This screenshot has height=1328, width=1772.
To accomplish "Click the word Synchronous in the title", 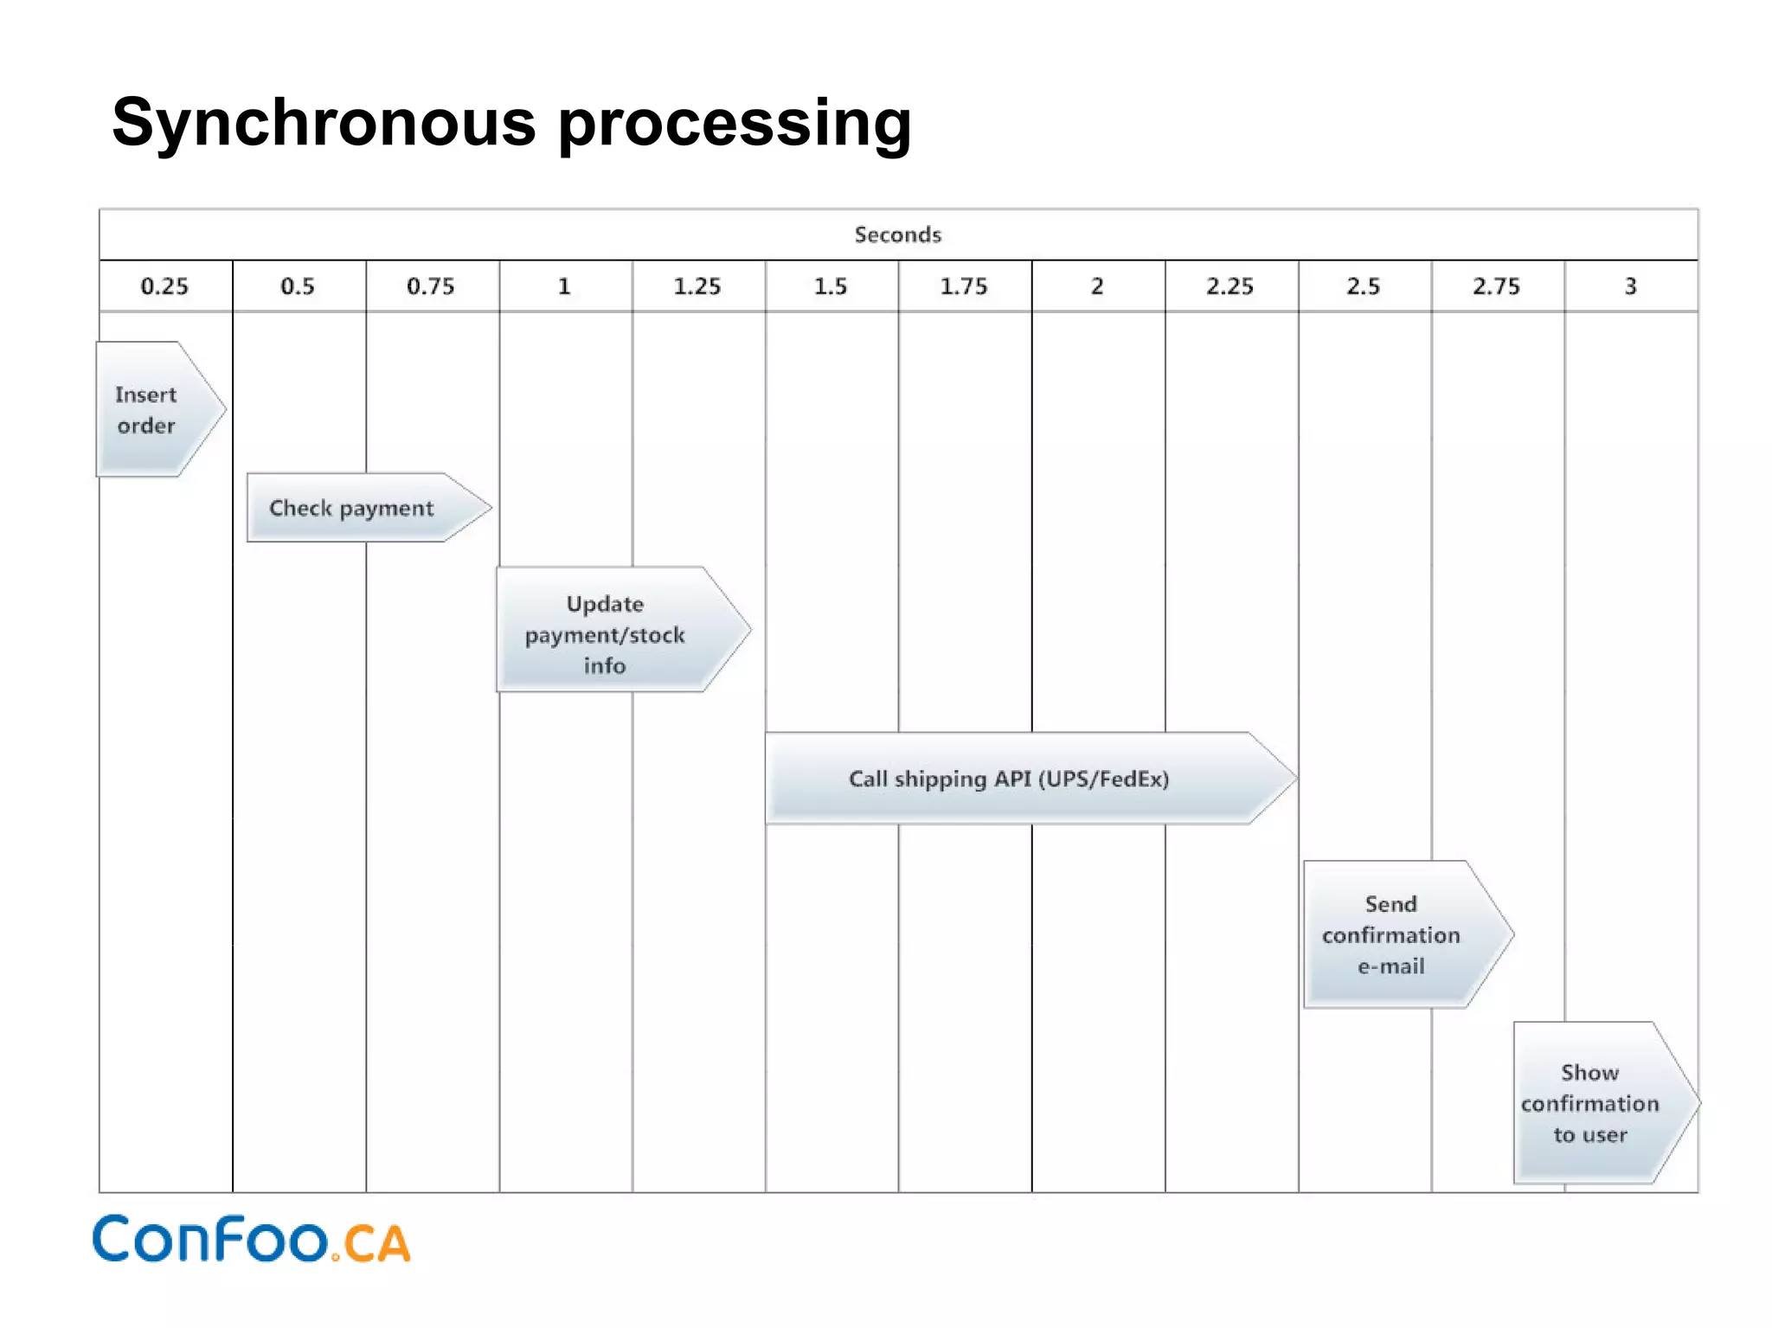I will tap(324, 123).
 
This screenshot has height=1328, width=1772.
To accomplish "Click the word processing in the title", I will tap(735, 123).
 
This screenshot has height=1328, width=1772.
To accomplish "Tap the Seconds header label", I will tap(897, 234).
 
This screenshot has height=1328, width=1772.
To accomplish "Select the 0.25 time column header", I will tap(164, 286).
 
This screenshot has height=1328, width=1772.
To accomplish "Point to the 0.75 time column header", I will tap(431, 286).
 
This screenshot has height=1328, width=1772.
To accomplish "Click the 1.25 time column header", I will tap(697, 286).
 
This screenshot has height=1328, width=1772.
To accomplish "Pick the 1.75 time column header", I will tap(964, 286).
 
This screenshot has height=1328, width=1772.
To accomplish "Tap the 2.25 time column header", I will tap(1229, 286).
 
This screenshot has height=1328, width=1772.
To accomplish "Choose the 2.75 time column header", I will tap(1496, 286).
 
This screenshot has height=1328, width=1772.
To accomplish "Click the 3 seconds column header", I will tap(1630, 286).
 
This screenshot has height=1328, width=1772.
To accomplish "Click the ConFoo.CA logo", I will tap(251, 1240).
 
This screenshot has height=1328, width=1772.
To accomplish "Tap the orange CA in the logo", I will tap(376, 1244).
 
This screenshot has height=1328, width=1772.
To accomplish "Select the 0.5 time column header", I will tap(298, 286).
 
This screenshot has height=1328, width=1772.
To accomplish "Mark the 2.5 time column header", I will tap(1363, 286).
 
